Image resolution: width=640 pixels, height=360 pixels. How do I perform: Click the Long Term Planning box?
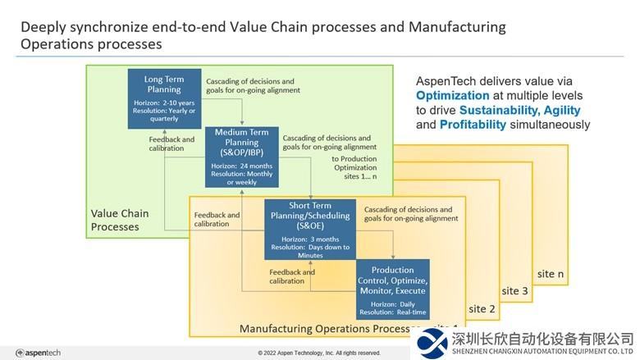tap(164, 99)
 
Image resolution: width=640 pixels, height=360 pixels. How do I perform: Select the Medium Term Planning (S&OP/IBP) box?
tap(241, 156)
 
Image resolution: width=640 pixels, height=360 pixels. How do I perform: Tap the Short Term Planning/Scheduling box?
tap(308, 230)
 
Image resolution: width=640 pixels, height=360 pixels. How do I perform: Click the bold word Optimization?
tap(451, 95)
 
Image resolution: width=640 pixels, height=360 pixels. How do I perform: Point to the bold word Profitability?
tap(473, 125)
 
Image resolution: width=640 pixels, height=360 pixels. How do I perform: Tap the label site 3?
tap(514, 291)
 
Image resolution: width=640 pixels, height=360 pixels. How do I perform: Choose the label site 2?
tap(481, 308)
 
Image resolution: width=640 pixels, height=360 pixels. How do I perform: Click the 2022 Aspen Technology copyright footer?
tap(319, 353)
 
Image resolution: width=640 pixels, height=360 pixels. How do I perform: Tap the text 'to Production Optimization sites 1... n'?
tap(361, 167)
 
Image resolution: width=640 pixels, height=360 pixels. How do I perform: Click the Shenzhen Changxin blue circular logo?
tap(432, 342)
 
